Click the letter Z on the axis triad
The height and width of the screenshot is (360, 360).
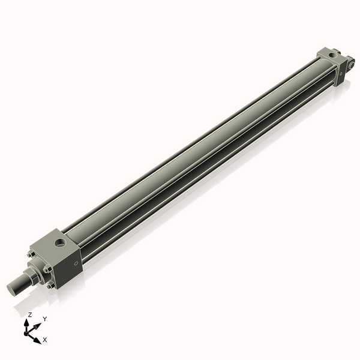pos(30,314)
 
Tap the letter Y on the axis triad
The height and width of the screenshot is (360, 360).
pos(44,319)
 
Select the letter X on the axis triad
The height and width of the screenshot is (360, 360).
pos(45,340)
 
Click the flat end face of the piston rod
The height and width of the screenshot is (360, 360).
pos(11,289)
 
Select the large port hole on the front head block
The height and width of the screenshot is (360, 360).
pos(61,242)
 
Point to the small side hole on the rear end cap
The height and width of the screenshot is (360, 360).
pos(341,74)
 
